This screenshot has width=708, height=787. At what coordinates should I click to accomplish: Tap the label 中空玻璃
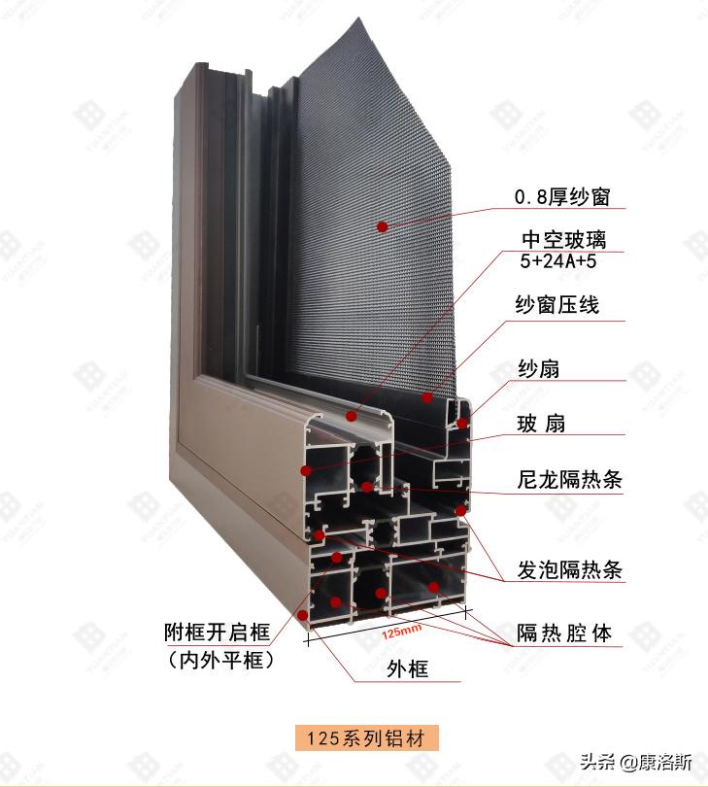point(563,239)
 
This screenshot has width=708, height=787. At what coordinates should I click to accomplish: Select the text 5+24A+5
point(557,261)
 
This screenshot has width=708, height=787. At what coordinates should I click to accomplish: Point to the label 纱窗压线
point(557,306)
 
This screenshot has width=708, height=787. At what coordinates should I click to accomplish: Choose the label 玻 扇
point(541,424)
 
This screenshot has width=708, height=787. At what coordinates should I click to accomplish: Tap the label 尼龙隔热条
point(569,479)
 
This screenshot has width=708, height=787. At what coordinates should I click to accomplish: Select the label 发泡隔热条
point(569,570)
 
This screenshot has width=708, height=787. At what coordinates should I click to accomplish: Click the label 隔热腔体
point(564,633)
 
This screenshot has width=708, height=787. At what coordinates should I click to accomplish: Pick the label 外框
point(407,668)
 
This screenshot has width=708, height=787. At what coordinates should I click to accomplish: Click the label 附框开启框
point(216,633)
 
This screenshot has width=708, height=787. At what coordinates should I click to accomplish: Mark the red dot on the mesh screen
point(383,225)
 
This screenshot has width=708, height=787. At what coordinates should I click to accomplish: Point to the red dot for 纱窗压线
point(426,396)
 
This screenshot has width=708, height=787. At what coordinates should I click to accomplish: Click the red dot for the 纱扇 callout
point(462,423)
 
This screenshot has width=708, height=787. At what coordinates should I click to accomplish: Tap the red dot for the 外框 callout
point(305,614)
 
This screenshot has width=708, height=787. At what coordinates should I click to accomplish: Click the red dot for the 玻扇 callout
point(306,470)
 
